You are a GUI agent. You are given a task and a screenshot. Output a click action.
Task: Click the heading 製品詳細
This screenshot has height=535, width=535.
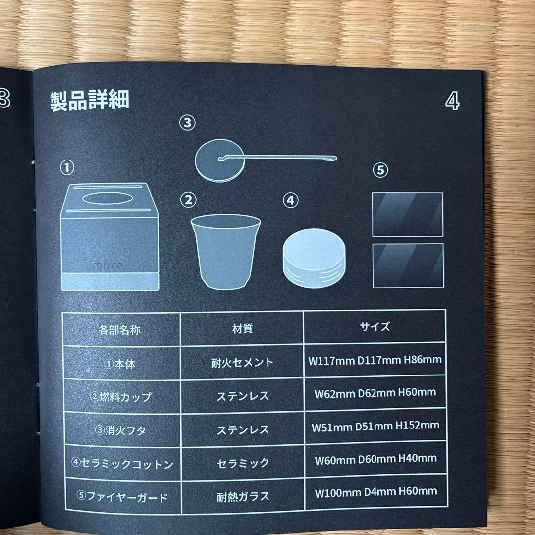(x=90, y=100)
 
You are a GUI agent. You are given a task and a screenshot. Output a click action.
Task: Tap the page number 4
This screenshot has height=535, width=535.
(x=452, y=101)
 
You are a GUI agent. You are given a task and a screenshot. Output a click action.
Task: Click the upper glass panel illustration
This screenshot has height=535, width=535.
(x=407, y=214)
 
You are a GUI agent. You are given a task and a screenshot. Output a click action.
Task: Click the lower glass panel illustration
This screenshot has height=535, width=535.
(x=407, y=266)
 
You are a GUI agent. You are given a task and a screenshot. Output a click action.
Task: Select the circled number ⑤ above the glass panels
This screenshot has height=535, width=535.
(x=380, y=171)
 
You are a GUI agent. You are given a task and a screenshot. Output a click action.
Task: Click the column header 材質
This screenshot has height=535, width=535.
(x=242, y=328)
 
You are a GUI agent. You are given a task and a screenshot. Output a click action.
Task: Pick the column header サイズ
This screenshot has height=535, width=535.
(x=374, y=327)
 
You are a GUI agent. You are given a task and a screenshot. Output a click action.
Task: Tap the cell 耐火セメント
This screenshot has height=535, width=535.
(x=242, y=362)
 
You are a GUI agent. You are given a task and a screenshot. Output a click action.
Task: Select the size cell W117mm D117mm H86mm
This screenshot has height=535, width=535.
(x=374, y=360)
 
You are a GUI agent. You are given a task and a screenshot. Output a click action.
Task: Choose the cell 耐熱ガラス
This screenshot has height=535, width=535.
(x=243, y=495)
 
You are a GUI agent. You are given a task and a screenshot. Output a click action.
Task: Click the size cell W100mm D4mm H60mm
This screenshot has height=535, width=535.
(x=376, y=491)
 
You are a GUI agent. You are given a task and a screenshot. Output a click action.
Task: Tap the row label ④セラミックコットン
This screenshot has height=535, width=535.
(x=122, y=464)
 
